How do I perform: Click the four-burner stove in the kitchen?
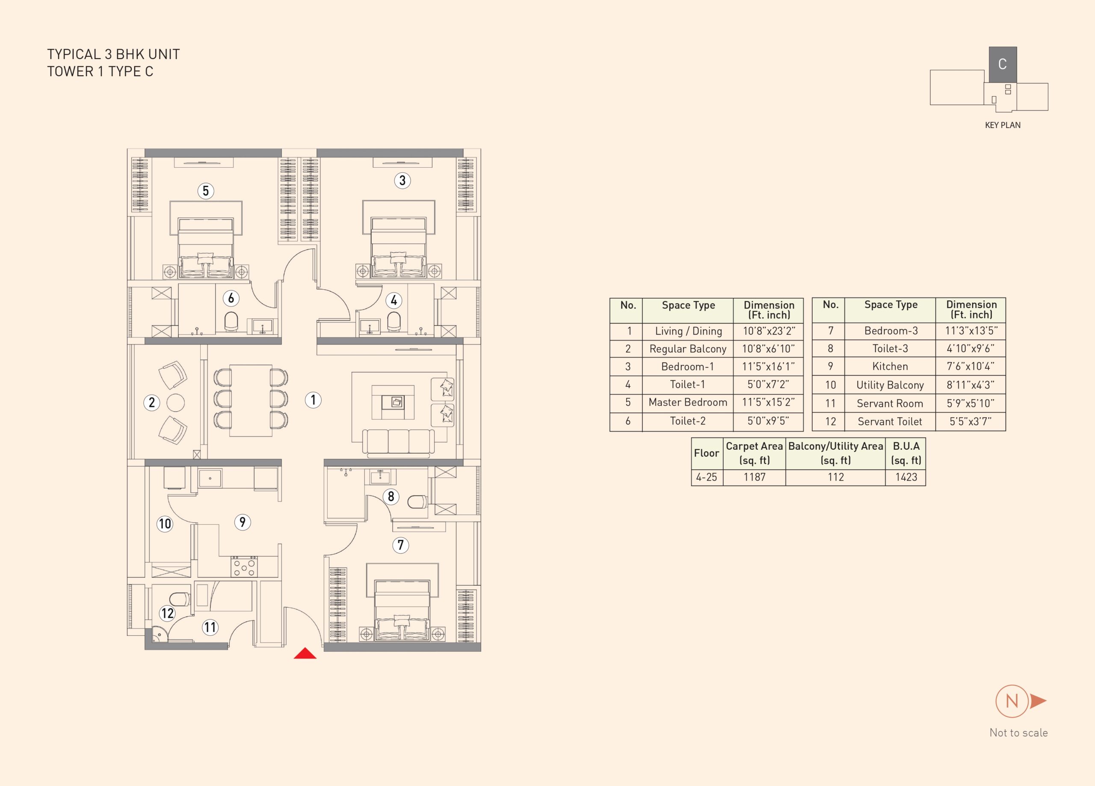(244, 567)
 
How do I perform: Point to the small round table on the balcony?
(176, 403)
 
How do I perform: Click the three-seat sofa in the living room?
(398, 443)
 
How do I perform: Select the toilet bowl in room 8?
(417, 502)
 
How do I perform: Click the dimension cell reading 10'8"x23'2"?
(768, 332)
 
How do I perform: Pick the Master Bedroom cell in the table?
(687, 403)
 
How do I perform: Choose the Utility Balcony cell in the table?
(890, 385)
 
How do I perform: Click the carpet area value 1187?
(754, 478)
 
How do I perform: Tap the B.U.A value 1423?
(906, 478)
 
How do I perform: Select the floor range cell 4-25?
(706, 478)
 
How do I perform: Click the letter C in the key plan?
(1002, 64)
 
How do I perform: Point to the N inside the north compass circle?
(1012, 701)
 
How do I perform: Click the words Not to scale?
(1019, 733)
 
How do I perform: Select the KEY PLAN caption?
(1003, 125)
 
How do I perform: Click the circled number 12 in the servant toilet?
(167, 613)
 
